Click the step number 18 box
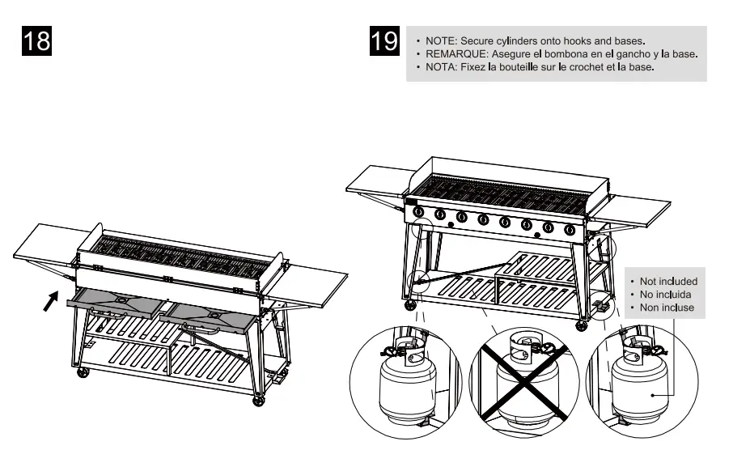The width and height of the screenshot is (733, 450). pyautogui.click(x=36, y=41)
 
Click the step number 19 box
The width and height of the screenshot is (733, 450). pyautogui.click(x=384, y=41)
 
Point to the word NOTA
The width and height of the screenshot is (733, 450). pyautogui.click(x=441, y=67)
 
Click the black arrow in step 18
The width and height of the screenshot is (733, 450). pyautogui.click(x=51, y=301)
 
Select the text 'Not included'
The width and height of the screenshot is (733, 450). pyautogui.click(x=668, y=282)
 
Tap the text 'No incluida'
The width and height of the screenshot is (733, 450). pyautogui.click(x=665, y=295)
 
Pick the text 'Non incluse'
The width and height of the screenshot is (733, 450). pyautogui.click(x=667, y=308)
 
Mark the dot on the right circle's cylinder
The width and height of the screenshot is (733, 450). pyautogui.click(x=652, y=395)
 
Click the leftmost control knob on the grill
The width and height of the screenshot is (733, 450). pyautogui.click(x=419, y=214)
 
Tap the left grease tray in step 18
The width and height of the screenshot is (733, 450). pyautogui.click(x=117, y=302)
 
